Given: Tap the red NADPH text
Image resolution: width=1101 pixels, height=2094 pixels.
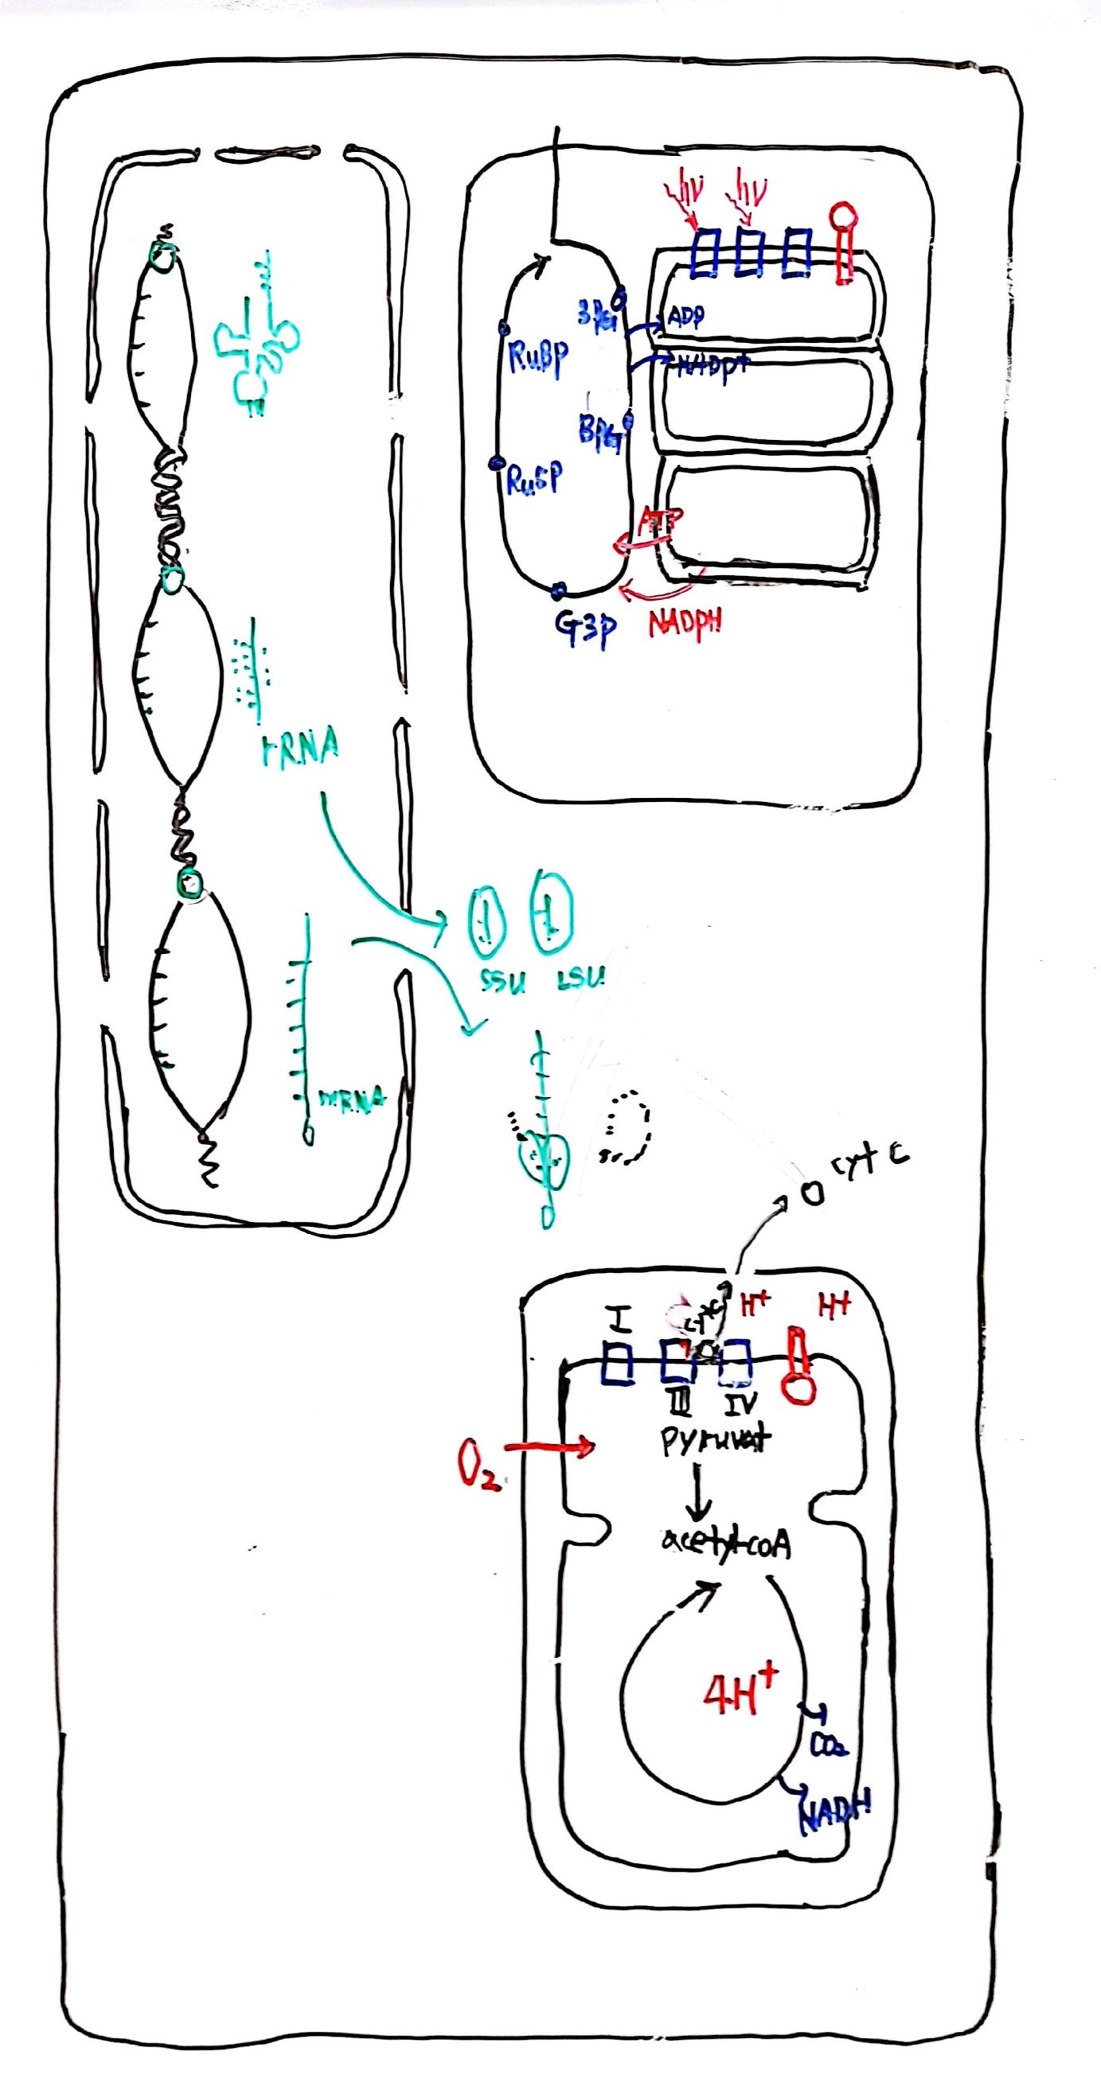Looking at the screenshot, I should click(685, 625).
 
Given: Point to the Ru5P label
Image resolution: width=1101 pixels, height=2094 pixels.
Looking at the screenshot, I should click(533, 481).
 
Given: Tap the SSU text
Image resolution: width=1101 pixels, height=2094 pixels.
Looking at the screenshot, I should click(496, 982).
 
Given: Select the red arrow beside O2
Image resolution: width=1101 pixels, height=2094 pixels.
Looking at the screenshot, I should click(549, 1447).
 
